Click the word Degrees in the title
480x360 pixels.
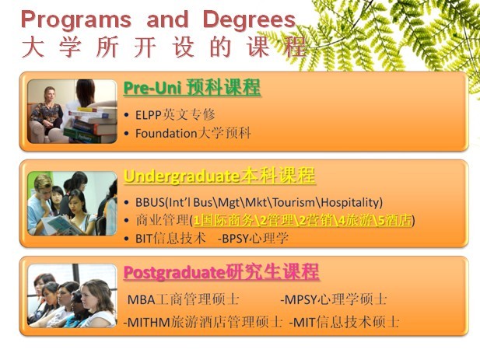[248, 19]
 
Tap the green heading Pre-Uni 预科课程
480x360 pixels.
[191, 88]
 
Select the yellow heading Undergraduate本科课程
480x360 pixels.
[219, 174]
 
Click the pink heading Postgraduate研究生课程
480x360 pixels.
[221, 272]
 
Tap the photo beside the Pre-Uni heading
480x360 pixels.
[72, 111]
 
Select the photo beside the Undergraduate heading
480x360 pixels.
[72, 204]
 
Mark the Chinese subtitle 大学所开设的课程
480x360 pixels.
[164, 47]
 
